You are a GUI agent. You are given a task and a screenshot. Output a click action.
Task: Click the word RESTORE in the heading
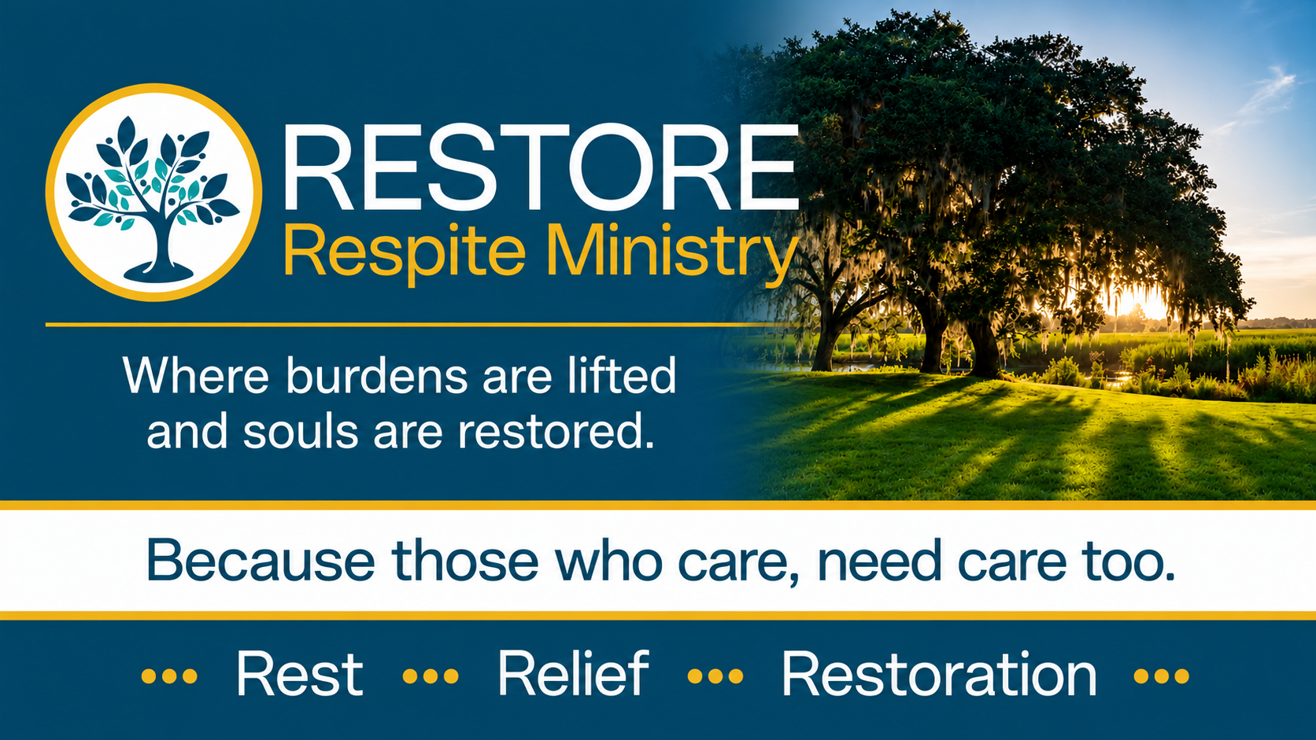click(x=541, y=168)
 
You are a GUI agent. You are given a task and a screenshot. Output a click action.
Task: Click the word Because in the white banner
click(x=261, y=561)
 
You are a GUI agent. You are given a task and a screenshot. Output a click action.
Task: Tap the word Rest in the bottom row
click(x=300, y=674)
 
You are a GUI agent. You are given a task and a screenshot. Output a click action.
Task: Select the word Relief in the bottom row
click(x=574, y=674)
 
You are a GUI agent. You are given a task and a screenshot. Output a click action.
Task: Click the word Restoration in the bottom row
click(x=939, y=674)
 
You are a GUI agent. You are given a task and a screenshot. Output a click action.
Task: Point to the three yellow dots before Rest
click(x=169, y=676)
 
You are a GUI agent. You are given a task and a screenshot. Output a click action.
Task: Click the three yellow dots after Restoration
click(x=1162, y=676)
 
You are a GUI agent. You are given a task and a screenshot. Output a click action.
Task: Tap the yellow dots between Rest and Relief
click(x=431, y=676)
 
